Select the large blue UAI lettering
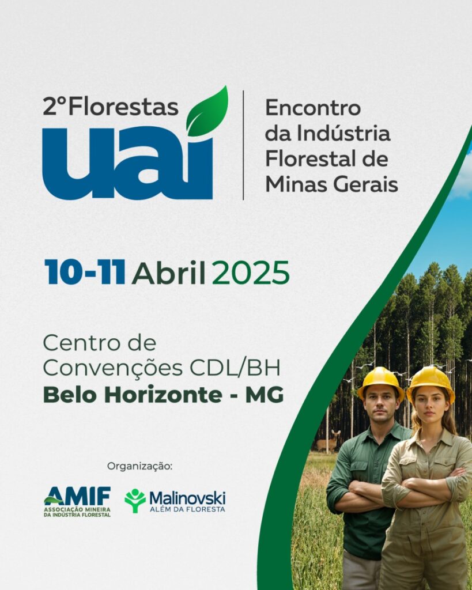pyautogui.click(x=127, y=162)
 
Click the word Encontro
pyautogui.click(x=313, y=108)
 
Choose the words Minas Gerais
pyautogui.click(x=331, y=184)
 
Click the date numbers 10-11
pyautogui.click(x=85, y=272)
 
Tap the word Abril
pyautogui.click(x=169, y=272)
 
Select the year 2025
pyautogui.click(x=251, y=273)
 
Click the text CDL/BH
pyautogui.click(x=236, y=368)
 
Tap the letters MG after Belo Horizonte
pyautogui.click(x=265, y=395)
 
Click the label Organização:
pyautogui.click(x=139, y=466)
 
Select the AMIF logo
pyautogui.click(x=77, y=502)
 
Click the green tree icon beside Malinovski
pyautogui.click(x=135, y=501)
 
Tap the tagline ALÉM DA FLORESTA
pyautogui.click(x=187, y=509)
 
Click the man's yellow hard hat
pyautogui.click(x=381, y=382)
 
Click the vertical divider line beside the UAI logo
pyautogui.click(x=243, y=145)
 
